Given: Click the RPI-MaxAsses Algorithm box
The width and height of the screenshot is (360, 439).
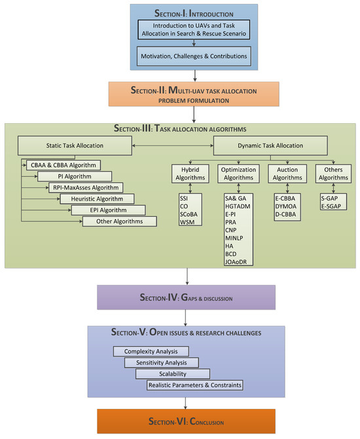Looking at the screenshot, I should tap(86, 187).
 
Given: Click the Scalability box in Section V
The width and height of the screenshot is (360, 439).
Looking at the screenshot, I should tap(173, 373).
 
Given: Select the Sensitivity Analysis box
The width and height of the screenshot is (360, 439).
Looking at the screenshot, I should tap(162, 362).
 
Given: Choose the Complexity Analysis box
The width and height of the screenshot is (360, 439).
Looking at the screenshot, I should tap(151, 351).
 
